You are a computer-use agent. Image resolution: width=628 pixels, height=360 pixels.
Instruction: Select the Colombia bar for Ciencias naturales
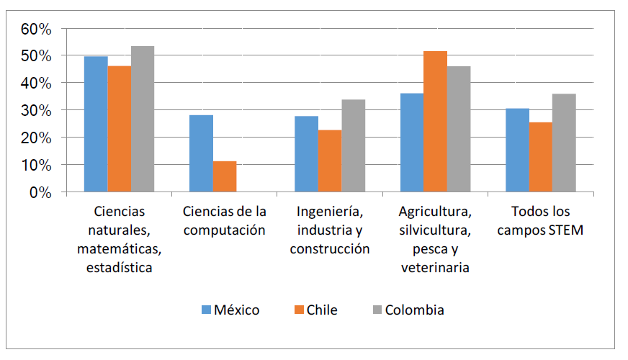(143, 119)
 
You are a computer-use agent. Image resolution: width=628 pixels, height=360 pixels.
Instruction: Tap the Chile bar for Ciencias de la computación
(225, 176)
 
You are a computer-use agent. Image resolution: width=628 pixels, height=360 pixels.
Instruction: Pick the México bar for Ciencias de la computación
(201, 153)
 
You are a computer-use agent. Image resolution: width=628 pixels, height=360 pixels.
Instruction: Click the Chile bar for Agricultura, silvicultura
(435, 122)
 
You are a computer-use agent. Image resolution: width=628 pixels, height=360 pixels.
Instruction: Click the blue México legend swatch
(207, 310)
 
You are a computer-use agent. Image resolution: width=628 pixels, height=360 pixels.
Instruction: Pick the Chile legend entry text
(321, 310)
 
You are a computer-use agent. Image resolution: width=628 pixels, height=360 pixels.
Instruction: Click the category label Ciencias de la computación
(225, 221)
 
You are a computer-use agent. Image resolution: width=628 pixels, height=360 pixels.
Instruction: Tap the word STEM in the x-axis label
(564, 231)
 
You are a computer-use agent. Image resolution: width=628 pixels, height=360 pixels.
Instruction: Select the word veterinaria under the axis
(435, 268)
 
